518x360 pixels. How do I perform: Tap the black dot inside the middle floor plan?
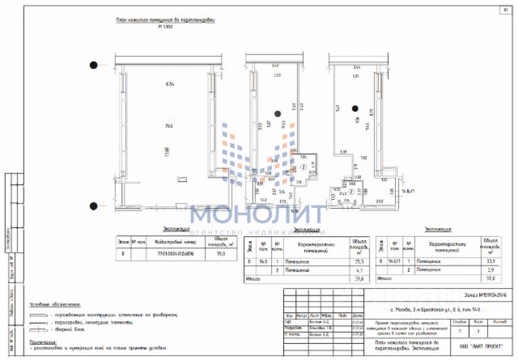[x=277, y=112]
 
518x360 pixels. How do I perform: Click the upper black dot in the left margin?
[x=94, y=65]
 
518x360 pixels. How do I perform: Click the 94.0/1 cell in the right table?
[x=395, y=260]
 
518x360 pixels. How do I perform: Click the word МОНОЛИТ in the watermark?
[x=258, y=214]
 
